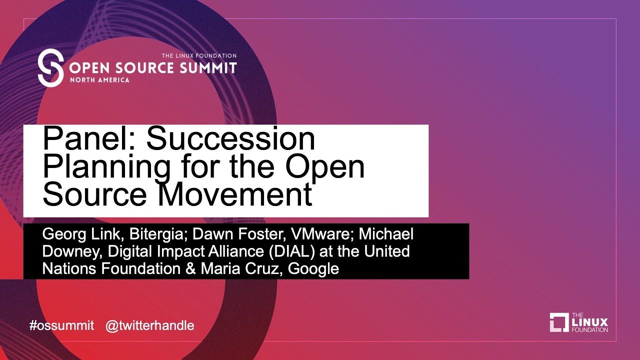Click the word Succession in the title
click(230, 138)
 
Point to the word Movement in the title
click(235, 194)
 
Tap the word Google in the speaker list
click(313, 269)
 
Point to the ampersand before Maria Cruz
click(190, 269)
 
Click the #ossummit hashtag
click(61, 325)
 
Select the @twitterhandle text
click(150, 325)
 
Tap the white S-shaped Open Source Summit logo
click(50, 67)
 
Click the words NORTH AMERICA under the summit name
click(99, 80)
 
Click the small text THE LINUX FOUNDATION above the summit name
click(199, 55)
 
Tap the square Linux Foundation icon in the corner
click(559, 322)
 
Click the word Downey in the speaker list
click(72, 251)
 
